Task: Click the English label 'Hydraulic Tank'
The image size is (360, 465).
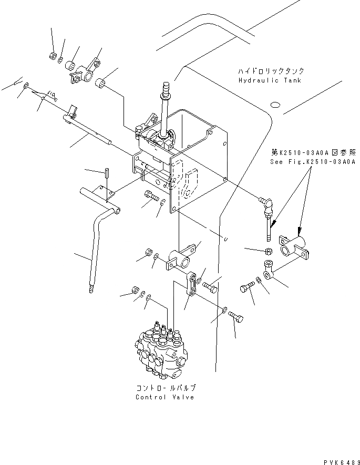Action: coord(270,81)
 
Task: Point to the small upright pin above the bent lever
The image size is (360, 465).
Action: coord(106,173)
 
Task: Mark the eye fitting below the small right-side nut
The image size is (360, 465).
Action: coord(269,268)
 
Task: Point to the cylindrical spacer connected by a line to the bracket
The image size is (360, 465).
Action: coord(102,84)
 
